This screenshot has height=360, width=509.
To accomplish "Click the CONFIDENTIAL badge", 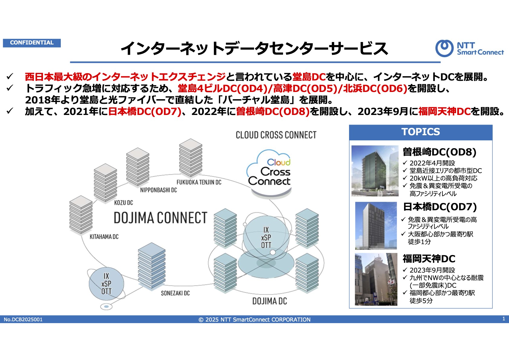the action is click(x=32, y=43).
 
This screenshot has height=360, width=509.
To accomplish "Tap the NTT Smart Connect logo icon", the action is click(x=444, y=48).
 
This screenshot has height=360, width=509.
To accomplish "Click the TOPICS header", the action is click(x=421, y=132).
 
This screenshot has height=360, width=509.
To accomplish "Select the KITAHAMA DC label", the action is click(x=104, y=237).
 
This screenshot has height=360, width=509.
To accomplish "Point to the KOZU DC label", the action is click(x=123, y=203).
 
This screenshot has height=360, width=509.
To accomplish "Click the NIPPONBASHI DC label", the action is click(x=158, y=190).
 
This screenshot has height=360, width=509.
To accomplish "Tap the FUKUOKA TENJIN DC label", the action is click(x=199, y=182).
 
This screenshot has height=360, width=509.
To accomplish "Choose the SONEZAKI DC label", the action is click(x=175, y=293).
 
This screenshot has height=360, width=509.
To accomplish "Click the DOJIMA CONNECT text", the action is click(x=160, y=218).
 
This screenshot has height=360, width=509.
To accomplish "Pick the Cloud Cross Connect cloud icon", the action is click(x=269, y=173).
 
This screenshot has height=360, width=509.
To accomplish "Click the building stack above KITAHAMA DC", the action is click(x=81, y=215).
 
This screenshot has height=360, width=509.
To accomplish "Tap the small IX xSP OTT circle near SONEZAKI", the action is click(x=106, y=284).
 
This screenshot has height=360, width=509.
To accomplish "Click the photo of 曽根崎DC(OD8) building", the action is click(x=375, y=171).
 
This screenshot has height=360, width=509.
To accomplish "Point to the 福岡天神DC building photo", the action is click(x=376, y=279).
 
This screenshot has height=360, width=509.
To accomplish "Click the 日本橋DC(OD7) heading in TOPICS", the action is click(x=440, y=207).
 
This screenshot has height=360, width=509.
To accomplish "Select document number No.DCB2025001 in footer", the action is click(x=23, y=319).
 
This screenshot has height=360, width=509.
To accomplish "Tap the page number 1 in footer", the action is click(x=504, y=319).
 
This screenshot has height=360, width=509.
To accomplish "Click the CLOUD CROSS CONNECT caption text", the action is click(x=276, y=135).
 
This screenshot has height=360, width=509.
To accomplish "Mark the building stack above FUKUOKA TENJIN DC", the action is click(x=191, y=158).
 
